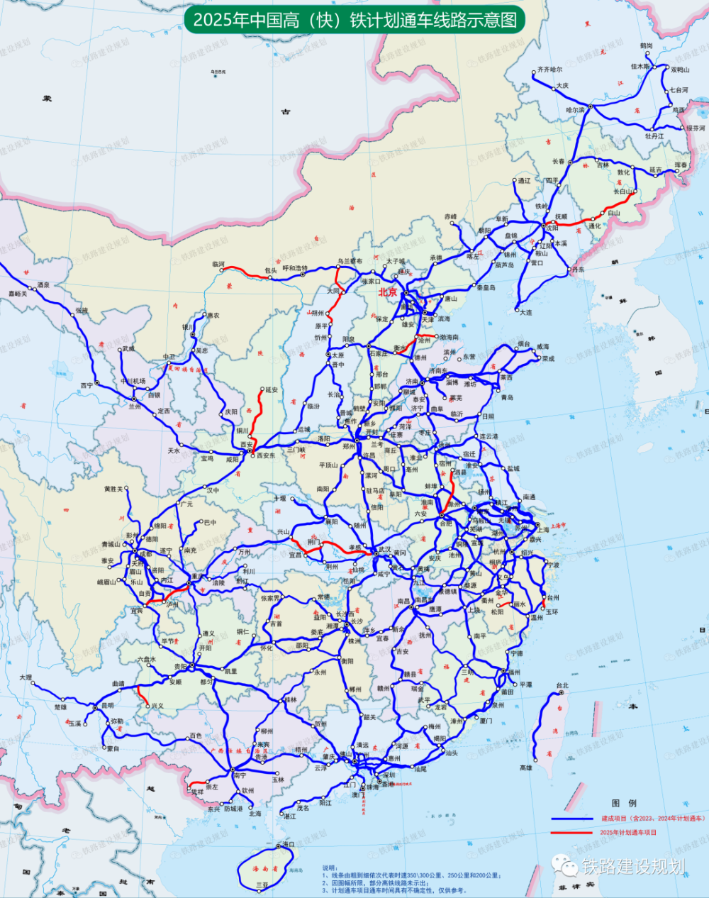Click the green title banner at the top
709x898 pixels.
click(354, 19)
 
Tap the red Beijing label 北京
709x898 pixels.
click(388, 292)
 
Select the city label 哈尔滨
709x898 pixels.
click(575, 111)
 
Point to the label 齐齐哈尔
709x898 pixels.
click(549, 70)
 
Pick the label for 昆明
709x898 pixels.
click(106, 706)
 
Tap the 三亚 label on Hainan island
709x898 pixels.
click(262, 885)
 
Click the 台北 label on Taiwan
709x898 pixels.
click(562, 685)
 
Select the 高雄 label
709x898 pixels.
click(525, 767)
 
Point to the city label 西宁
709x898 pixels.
click(86, 385)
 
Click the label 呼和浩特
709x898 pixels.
click(295, 269)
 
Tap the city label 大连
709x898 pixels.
click(525, 312)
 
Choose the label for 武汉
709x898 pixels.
click(384, 549)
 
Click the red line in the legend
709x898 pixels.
click(571, 832)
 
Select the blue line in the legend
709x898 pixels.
click(571, 819)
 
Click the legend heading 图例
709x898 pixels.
click(624, 803)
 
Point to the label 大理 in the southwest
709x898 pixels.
click(26, 677)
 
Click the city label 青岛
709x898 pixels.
click(507, 398)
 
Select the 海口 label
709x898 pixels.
click(288, 844)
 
